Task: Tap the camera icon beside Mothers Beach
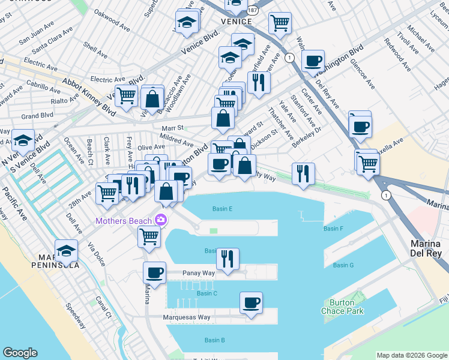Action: [160, 221]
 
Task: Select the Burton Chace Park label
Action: [346, 307]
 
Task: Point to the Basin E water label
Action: [222, 209]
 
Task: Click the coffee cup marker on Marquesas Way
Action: [251, 303]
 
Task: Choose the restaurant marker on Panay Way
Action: [228, 260]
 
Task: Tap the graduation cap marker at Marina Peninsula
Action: [67, 251]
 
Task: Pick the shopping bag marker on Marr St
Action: [223, 119]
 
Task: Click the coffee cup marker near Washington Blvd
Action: [312, 61]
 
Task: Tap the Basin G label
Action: [343, 265]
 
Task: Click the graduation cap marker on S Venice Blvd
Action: [23, 142]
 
